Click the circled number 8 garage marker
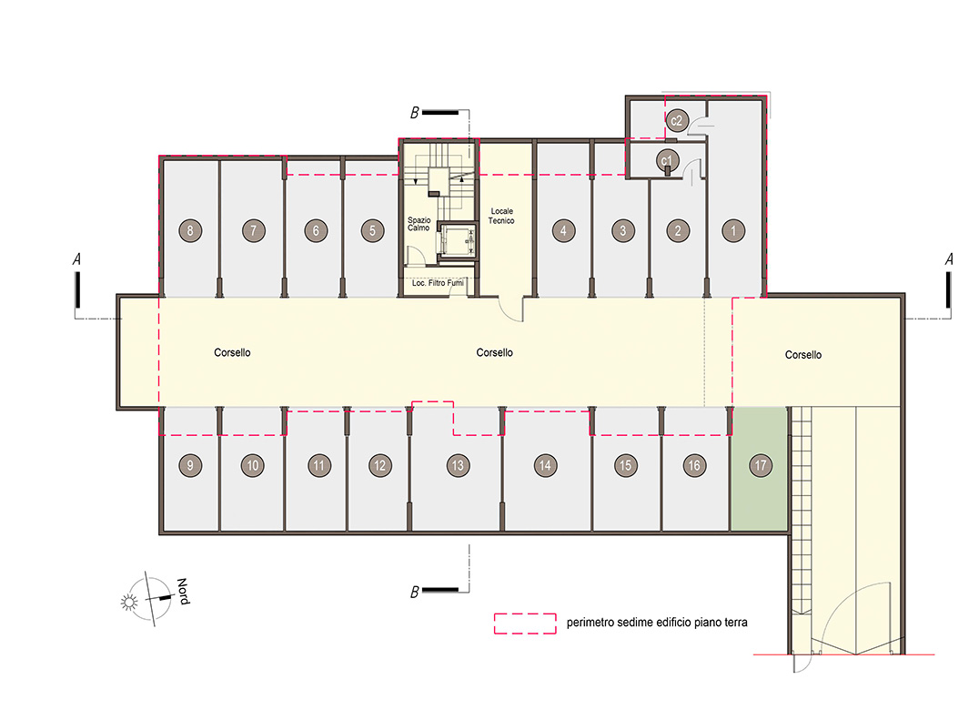point(190,231)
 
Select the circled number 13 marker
point(458,465)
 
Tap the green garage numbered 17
point(759,469)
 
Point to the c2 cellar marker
point(677,120)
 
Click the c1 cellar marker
point(667,160)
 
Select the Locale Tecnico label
point(501,216)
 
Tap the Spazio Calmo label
point(419,224)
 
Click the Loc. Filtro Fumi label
point(438,283)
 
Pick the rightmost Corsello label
point(802,355)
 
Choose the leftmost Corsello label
point(232,352)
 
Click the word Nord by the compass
point(183,592)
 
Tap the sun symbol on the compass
point(129,602)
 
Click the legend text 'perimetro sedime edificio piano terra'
point(657,623)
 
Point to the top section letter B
point(415,113)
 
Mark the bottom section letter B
point(415,592)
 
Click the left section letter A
point(76,259)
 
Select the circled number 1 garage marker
point(733,231)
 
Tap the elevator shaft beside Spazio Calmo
point(457,240)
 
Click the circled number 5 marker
point(373,231)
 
